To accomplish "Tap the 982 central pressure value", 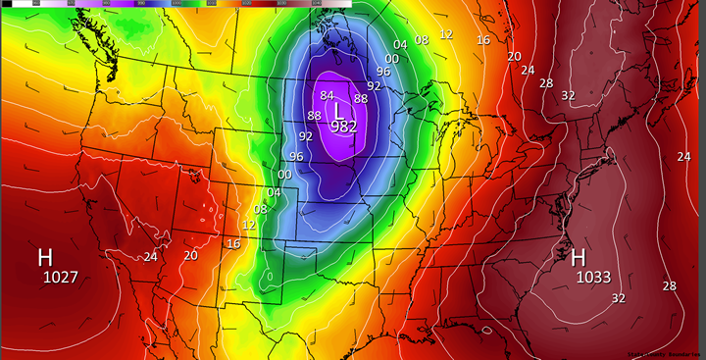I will coord(343,127).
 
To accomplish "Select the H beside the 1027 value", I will coord(45,258).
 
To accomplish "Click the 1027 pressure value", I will coord(60,278).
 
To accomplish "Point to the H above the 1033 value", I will coord(579,258).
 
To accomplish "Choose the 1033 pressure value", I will coord(592,278).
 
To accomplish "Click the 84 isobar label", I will coord(328,95).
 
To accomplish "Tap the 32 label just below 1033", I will coord(619,298).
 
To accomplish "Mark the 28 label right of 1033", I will coord(669,285).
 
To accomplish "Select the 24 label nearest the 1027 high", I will coord(150,257).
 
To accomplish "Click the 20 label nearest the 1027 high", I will coord(190,255).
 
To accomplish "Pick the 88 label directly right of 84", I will coord(361,98).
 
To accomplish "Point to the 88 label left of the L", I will coord(314,116).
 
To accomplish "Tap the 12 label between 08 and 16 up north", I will coord(446,34).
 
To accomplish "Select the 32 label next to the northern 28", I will coord(568,94).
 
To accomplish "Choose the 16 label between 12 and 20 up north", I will coord(483,40).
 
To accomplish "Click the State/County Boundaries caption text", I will coord(664,353).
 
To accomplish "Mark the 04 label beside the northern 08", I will coord(400,45).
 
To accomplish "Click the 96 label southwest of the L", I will coord(296,157).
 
